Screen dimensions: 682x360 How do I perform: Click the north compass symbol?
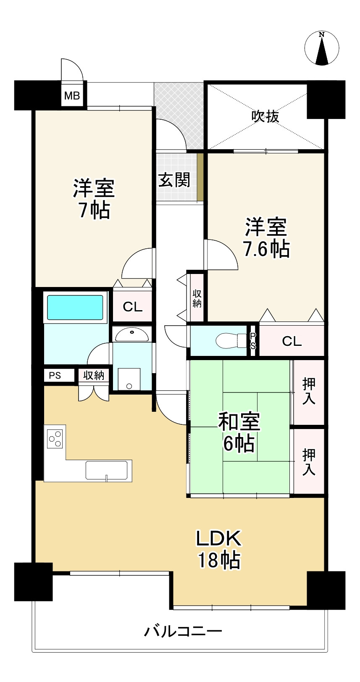pyautogui.click(x=322, y=48)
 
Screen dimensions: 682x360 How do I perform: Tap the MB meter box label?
pyautogui.click(x=72, y=96)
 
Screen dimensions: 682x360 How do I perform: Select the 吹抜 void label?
pyautogui.click(x=265, y=116)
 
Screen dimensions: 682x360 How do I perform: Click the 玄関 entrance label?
pyautogui.click(x=174, y=180)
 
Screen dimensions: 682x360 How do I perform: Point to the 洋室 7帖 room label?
pyautogui.click(x=94, y=199)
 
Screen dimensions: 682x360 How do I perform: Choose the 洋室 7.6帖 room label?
pyautogui.click(x=266, y=237)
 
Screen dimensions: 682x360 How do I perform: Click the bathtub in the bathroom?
pyautogui.click(x=75, y=307)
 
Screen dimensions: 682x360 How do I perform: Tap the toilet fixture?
pyautogui.click(x=231, y=341)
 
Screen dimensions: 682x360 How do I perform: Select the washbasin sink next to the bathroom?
pyautogui.click(x=132, y=335)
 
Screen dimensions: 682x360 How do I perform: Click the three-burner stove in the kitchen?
pyautogui.click(x=55, y=438)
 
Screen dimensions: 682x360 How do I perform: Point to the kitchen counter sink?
pyautogui.click(x=107, y=470)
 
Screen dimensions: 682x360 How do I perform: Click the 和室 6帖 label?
pyautogui.click(x=239, y=432)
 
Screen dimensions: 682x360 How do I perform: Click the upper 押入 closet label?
pyautogui.click(x=309, y=391)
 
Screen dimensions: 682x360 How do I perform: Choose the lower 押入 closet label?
pyautogui.click(x=309, y=462)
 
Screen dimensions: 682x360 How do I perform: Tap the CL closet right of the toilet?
pyautogui.click(x=292, y=341)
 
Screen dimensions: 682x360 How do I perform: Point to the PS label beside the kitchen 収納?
pyautogui.click(x=55, y=375)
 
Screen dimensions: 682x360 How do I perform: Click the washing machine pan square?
pyautogui.click(x=129, y=379)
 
